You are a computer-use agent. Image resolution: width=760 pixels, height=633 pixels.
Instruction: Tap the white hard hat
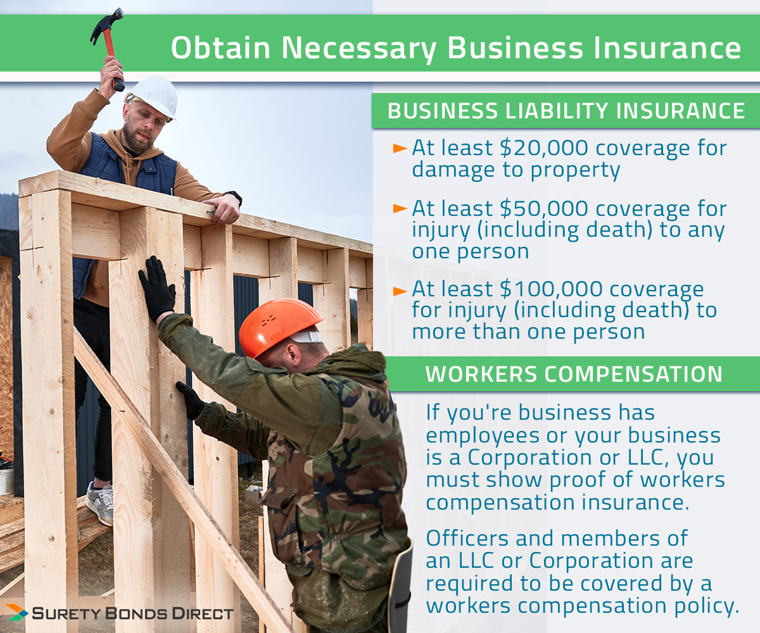click(x=154, y=95)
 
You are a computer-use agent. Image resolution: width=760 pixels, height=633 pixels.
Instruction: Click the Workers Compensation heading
click(x=573, y=373)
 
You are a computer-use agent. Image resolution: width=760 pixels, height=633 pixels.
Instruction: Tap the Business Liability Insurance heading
click(x=566, y=111)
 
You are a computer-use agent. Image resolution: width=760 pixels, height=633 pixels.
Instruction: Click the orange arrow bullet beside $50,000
click(x=400, y=208)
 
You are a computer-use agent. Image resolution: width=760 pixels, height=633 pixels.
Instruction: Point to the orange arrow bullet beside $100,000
click(x=400, y=291)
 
